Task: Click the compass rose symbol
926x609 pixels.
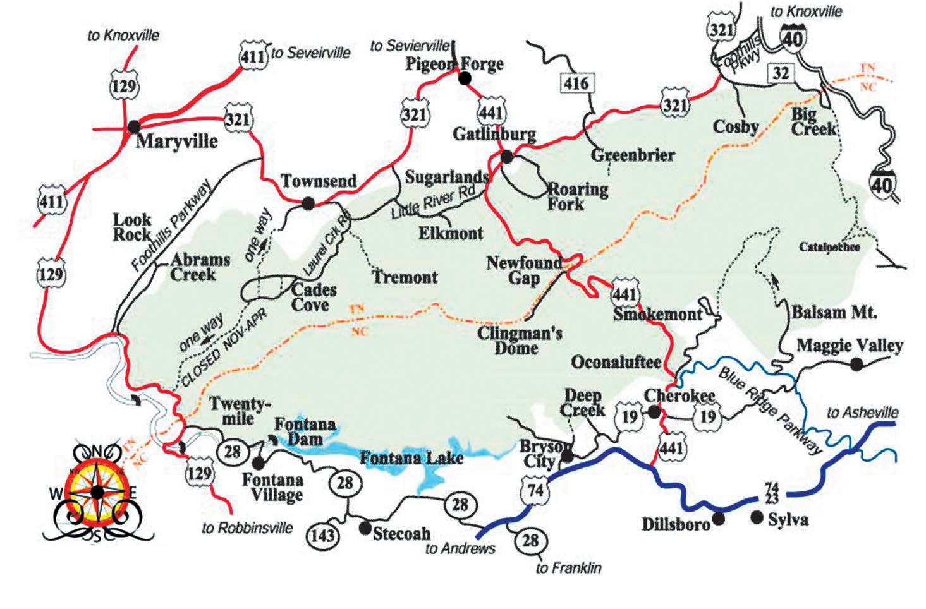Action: [x=97, y=491]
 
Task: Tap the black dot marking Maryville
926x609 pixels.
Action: [x=134, y=126]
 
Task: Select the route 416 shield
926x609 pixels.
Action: [x=575, y=83]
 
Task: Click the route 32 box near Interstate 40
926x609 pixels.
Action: [x=781, y=73]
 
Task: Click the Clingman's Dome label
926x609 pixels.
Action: [x=520, y=340]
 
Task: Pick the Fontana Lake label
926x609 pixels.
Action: [x=411, y=457]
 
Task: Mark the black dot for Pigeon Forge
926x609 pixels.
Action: [x=465, y=78]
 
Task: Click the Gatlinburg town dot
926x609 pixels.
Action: [x=506, y=156]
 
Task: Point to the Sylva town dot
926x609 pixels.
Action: [x=757, y=517]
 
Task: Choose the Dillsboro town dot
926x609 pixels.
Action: [x=717, y=519]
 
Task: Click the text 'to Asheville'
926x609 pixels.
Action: [x=862, y=413]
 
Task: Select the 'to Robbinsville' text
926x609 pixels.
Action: [x=247, y=528]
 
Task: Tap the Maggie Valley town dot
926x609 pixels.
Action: [x=857, y=364]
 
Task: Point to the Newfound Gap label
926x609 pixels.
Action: [x=524, y=270]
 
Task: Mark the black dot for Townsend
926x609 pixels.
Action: [x=308, y=203]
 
